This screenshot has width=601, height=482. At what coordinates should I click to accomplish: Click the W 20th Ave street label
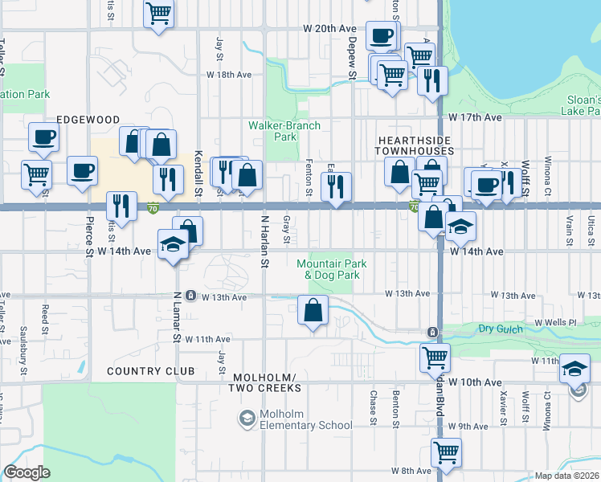click(x=329, y=28)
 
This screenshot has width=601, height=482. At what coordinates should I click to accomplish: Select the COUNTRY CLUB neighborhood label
click(x=150, y=371)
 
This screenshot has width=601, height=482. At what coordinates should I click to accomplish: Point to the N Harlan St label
click(x=264, y=241)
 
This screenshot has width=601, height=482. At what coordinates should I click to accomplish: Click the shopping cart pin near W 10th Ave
click(x=435, y=356)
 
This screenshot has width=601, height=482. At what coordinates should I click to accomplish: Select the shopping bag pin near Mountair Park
click(x=313, y=309)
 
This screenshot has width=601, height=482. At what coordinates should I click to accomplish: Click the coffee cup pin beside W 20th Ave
click(x=381, y=35)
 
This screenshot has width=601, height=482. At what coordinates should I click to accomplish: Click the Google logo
click(x=27, y=472)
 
